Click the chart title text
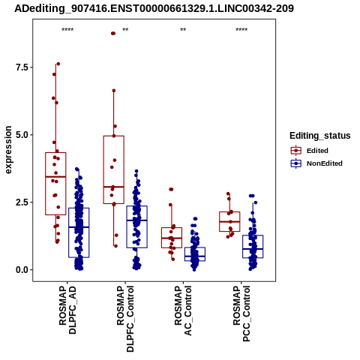(x=154, y=8)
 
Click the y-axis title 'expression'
(x=8, y=150)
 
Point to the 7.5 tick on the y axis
(x=21, y=67)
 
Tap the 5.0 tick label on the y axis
(x=21, y=135)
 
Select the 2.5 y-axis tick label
(x=21, y=202)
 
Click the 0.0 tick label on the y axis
(x=21, y=270)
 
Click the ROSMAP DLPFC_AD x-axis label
(x=67, y=310)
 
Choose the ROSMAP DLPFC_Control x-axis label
(x=125, y=319)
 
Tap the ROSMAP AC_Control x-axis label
(x=183, y=310)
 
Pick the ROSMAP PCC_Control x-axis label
(x=241, y=314)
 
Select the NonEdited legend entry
(x=316, y=163)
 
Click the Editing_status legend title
(x=320, y=136)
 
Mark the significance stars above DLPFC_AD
(x=67, y=30)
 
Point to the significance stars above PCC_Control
(x=241, y=30)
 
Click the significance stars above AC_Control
(x=183, y=30)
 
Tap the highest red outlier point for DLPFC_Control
(x=113, y=34)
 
